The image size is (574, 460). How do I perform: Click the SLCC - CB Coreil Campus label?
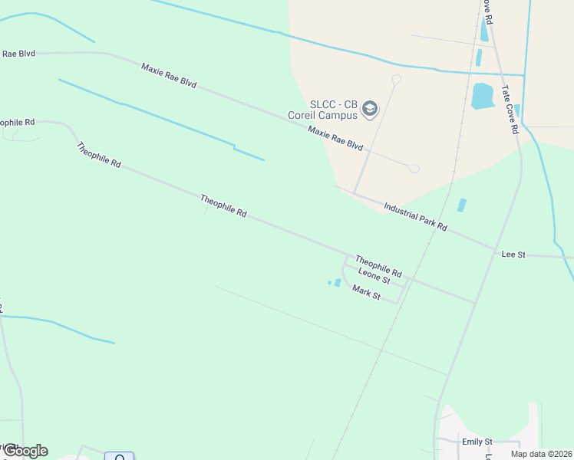click(334, 110)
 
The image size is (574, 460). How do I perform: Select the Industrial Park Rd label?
click(415, 217)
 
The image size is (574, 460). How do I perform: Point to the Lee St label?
click(513, 254)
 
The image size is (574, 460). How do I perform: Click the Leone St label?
click(374, 277)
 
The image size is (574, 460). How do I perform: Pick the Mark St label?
click(366, 292)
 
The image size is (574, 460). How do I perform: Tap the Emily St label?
click(477, 442)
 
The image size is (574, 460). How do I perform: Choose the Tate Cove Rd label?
click(510, 109)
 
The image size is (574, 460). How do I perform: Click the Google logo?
click(25, 451)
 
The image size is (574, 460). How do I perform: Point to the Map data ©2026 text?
click(540, 453)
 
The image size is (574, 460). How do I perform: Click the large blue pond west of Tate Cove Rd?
click(483, 96)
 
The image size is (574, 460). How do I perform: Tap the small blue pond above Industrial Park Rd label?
click(461, 205)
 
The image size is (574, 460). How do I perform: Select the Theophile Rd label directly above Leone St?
click(378, 266)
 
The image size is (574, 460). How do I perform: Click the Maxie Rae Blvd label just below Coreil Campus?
click(335, 137)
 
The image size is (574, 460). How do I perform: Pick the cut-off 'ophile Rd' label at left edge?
click(17, 122)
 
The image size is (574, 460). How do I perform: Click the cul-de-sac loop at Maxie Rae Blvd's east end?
click(414, 169)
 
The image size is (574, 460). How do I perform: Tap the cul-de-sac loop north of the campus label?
click(397, 79)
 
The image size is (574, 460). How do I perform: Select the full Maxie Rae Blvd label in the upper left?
click(169, 80)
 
